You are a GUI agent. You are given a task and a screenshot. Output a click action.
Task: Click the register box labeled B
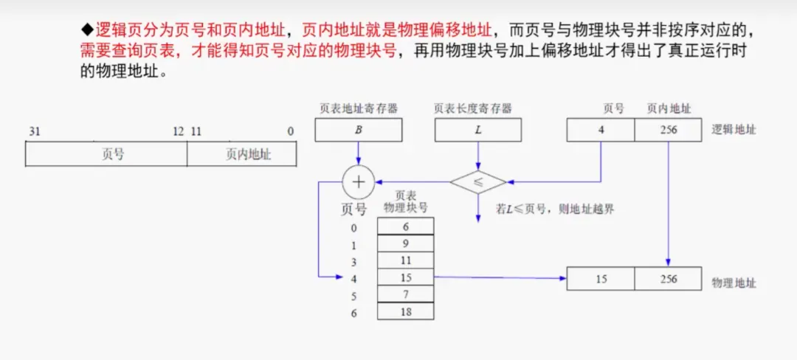(358, 131)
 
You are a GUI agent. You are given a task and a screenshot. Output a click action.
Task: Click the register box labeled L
(477, 131)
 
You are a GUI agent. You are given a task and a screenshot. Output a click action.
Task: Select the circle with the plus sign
(359, 181)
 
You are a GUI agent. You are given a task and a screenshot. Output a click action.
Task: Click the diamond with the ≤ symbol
(478, 181)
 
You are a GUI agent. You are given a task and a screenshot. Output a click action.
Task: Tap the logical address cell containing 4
(601, 131)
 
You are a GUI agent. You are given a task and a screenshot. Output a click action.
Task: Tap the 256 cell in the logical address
(669, 131)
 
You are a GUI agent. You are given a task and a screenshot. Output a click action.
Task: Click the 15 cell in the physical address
(601, 280)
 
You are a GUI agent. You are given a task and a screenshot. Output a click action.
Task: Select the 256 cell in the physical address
(669, 280)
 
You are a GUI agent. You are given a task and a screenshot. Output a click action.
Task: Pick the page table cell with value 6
(405, 226)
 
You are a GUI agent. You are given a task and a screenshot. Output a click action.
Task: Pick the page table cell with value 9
(405, 243)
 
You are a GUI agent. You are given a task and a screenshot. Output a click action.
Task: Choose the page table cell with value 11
(405, 260)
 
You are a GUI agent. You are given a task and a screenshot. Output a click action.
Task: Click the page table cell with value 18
(405, 312)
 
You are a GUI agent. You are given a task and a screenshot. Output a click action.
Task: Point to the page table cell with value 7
(405, 295)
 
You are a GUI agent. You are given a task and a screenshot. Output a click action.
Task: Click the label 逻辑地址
(734, 131)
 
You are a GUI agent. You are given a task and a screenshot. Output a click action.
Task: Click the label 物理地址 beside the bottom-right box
(734, 283)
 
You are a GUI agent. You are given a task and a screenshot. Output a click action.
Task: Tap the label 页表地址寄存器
(359, 108)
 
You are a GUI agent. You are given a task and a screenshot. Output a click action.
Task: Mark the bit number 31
(34, 131)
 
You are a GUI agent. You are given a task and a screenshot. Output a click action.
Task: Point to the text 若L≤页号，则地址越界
(555, 209)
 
